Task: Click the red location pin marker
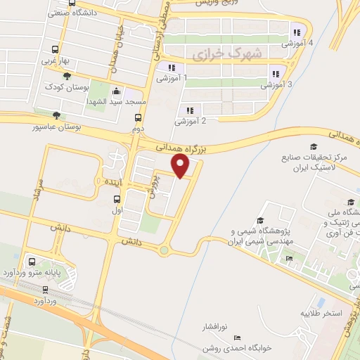pos(181,166)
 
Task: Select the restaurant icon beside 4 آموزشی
pos(297,31)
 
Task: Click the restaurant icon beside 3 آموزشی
pos(276,73)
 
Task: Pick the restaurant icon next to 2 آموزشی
pos(190,109)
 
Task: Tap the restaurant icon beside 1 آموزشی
pos(170,67)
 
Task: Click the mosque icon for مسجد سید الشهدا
pos(116,91)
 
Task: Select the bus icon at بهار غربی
pos(56,50)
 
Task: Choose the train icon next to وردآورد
pos(45,288)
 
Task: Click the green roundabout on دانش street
pos(164,250)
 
